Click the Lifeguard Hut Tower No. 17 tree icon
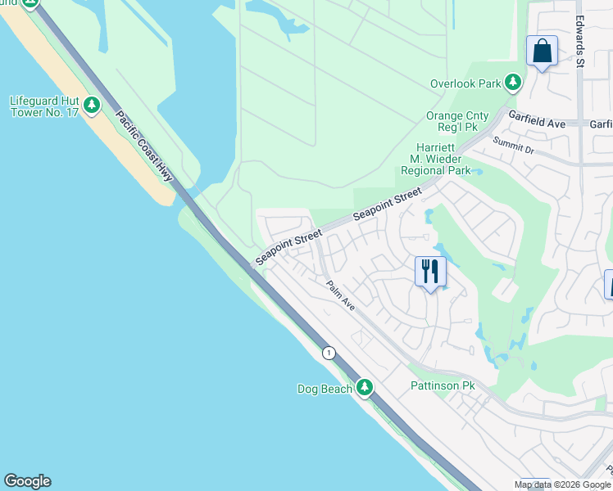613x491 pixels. pyautogui.click(x=91, y=106)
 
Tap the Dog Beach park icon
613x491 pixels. pyautogui.click(x=365, y=388)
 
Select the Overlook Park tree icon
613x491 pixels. pyautogui.click(x=513, y=83)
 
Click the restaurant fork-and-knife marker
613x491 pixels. pyautogui.click(x=430, y=271)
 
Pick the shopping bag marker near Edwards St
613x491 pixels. pyautogui.click(x=542, y=52)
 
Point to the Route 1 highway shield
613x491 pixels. pyautogui.click(x=329, y=353)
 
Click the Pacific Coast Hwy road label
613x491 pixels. pyautogui.click(x=145, y=146)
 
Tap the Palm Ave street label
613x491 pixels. pyautogui.click(x=340, y=295)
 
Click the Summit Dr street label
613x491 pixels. pyautogui.click(x=513, y=146)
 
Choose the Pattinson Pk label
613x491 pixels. pyautogui.click(x=443, y=385)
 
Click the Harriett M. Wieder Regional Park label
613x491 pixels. pyautogui.click(x=435, y=159)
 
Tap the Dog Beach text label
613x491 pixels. pyautogui.click(x=325, y=389)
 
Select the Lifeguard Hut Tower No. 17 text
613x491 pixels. pyautogui.click(x=44, y=106)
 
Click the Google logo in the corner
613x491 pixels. pyautogui.click(x=27, y=481)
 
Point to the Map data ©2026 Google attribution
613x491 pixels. pyautogui.click(x=561, y=484)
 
